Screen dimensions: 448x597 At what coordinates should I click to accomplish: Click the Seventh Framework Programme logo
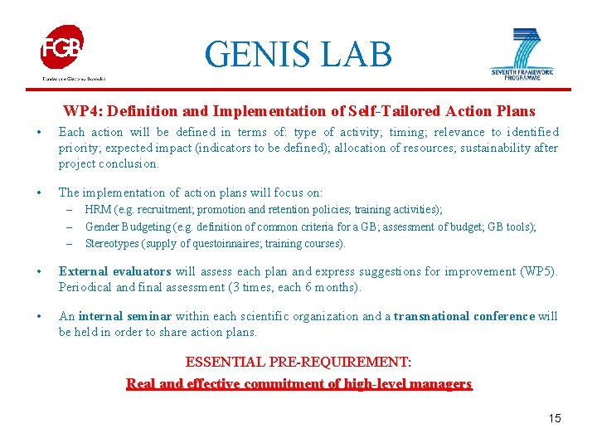522,52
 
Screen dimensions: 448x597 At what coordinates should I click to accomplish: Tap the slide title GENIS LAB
298,55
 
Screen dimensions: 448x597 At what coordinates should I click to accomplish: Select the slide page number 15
554,418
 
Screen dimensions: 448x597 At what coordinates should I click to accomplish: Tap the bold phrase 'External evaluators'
114,271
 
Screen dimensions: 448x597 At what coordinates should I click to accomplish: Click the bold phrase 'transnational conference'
464,316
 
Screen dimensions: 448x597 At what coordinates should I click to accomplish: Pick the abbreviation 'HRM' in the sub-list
98,210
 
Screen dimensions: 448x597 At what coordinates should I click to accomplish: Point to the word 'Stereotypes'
113,243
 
